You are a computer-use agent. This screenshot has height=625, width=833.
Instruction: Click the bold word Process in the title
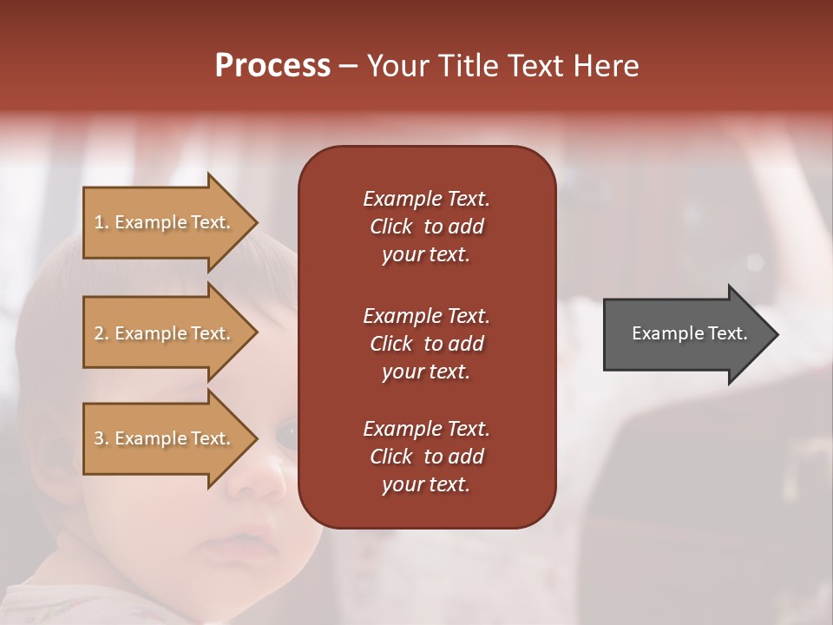272,66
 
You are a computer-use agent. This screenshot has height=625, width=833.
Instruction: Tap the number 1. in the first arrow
102,222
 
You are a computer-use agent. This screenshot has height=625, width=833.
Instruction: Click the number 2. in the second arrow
102,333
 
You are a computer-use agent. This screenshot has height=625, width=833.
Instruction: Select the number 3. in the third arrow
102,438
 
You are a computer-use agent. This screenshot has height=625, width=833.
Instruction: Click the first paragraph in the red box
426,227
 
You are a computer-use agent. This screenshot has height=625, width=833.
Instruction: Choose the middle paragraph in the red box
426,344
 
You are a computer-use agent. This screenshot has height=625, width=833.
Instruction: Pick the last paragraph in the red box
426,457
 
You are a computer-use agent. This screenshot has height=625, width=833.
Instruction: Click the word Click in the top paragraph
391,227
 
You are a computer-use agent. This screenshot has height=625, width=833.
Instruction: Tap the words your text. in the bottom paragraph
426,484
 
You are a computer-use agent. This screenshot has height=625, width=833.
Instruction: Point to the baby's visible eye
285,431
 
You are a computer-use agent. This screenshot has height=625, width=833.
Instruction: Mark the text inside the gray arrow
689,333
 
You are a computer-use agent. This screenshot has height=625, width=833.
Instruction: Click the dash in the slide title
348,67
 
